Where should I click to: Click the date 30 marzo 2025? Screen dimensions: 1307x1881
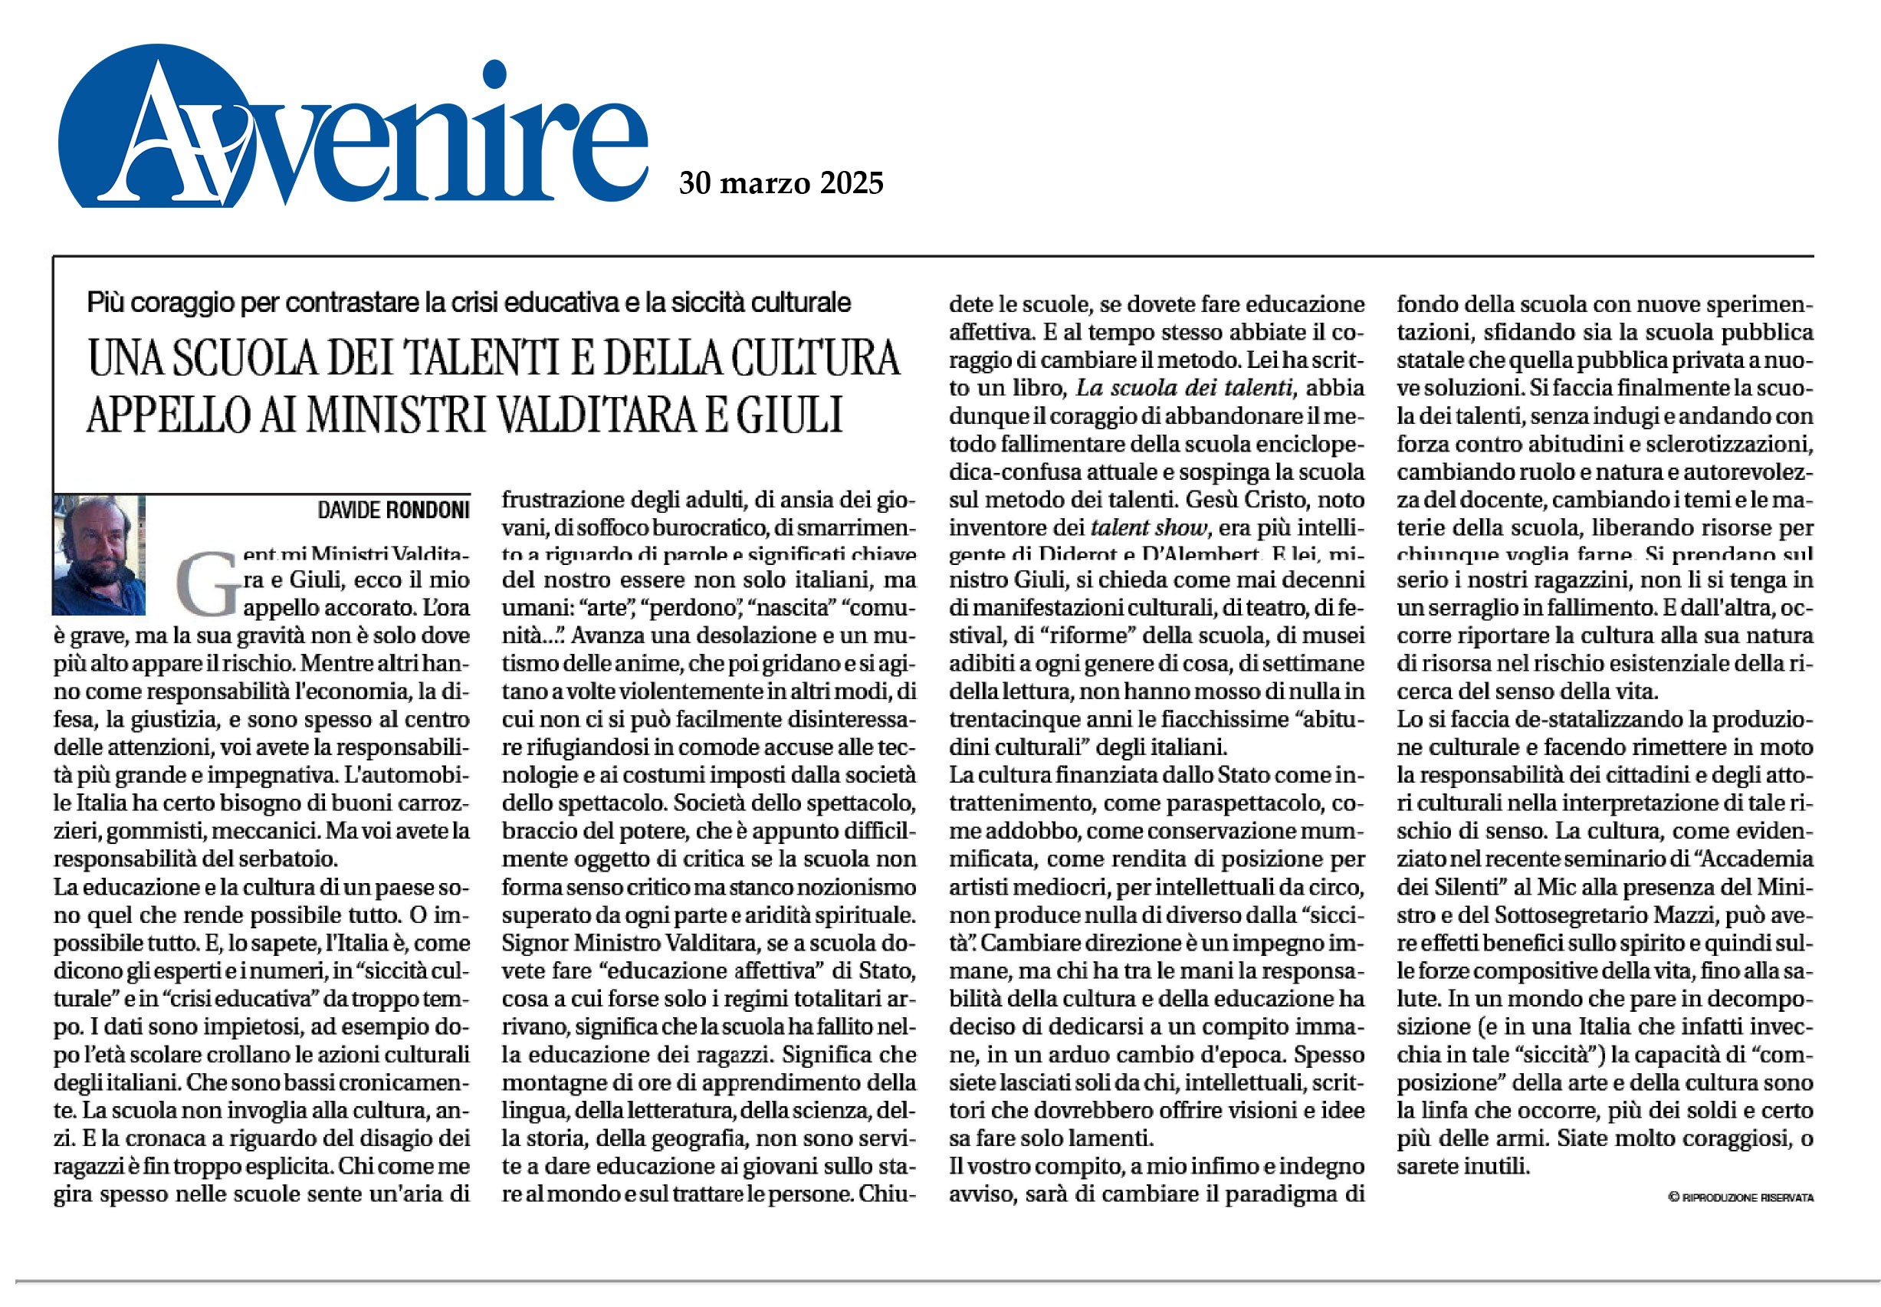pos(780,182)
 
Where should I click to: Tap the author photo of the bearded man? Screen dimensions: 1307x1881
pos(98,554)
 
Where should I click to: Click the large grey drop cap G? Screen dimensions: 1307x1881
pos(206,583)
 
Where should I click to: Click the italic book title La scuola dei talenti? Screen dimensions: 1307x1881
pos(1184,387)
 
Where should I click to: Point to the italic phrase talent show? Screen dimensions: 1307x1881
pos(1149,527)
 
